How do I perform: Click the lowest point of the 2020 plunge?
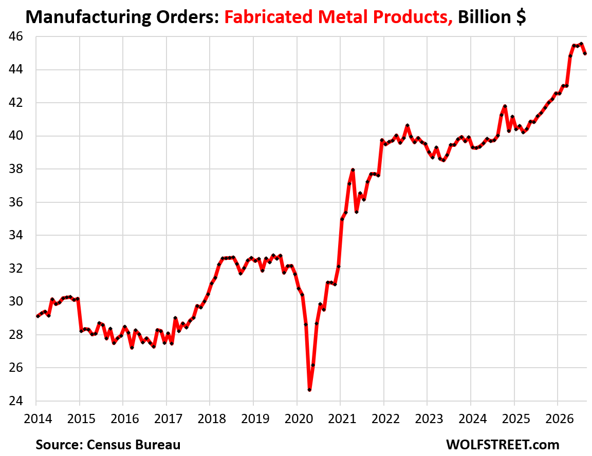point(309,390)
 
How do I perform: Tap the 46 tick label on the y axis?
point(16,36)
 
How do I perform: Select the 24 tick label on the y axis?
point(16,401)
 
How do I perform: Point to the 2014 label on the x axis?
point(38,419)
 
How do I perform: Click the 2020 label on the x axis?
point(299,419)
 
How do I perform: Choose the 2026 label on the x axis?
point(560,419)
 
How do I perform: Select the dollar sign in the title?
point(521,17)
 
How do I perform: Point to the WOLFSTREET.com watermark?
point(503,445)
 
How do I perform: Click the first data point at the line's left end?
point(37,316)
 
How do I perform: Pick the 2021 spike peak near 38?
point(353,170)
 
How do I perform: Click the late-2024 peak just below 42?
point(505,106)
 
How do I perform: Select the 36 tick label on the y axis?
point(16,202)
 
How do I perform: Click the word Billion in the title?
point(485,17)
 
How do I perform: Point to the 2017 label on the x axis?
point(169,419)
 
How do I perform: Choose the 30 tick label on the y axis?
point(16,301)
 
